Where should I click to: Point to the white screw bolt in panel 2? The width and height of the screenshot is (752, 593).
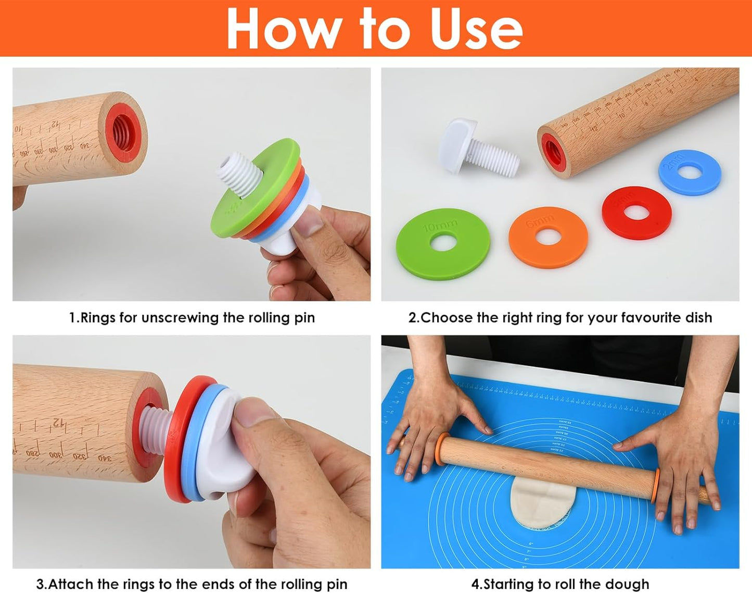click(478, 147)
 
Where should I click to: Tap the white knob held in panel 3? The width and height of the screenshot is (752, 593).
click(219, 443)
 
